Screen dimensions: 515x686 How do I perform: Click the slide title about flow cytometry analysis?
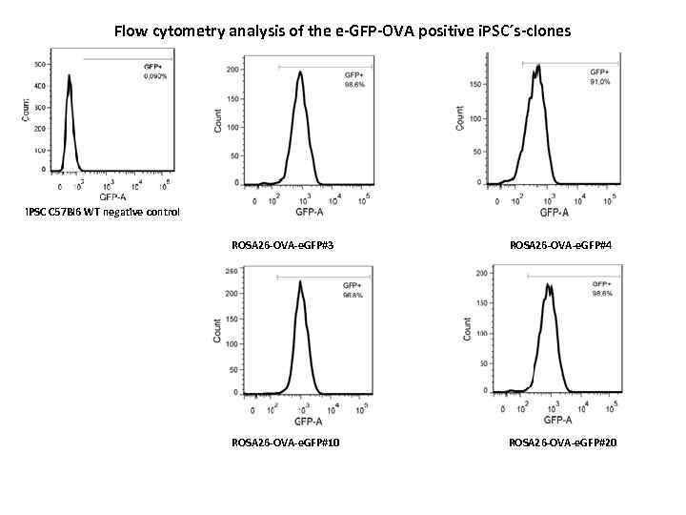(x=342, y=31)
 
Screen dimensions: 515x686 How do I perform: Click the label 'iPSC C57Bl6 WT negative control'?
(x=103, y=211)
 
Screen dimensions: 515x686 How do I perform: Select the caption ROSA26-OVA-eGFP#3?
(x=282, y=245)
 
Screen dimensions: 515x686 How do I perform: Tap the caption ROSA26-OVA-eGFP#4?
(x=560, y=245)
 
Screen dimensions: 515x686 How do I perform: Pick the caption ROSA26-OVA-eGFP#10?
(x=284, y=442)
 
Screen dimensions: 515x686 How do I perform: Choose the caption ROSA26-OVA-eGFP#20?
(x=562, y=442)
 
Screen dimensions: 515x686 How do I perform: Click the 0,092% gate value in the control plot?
(x=153, y=75)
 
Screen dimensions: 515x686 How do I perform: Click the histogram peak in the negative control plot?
(x=70, y=78)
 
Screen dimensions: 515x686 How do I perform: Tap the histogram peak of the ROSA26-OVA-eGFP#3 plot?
(x=300, y=72)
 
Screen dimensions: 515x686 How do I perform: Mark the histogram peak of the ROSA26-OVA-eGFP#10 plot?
(x=299, y=281)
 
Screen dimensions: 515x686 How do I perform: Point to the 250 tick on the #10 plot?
(x=231, y=271)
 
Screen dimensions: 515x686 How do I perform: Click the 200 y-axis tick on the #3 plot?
(x=232, y=71)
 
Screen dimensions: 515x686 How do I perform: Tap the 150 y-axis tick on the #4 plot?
(x=473, y=86)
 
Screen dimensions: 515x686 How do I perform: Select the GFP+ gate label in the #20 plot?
(x=602, y=283)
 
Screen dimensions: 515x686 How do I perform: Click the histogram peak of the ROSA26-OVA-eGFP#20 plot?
(x=549, y=284)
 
